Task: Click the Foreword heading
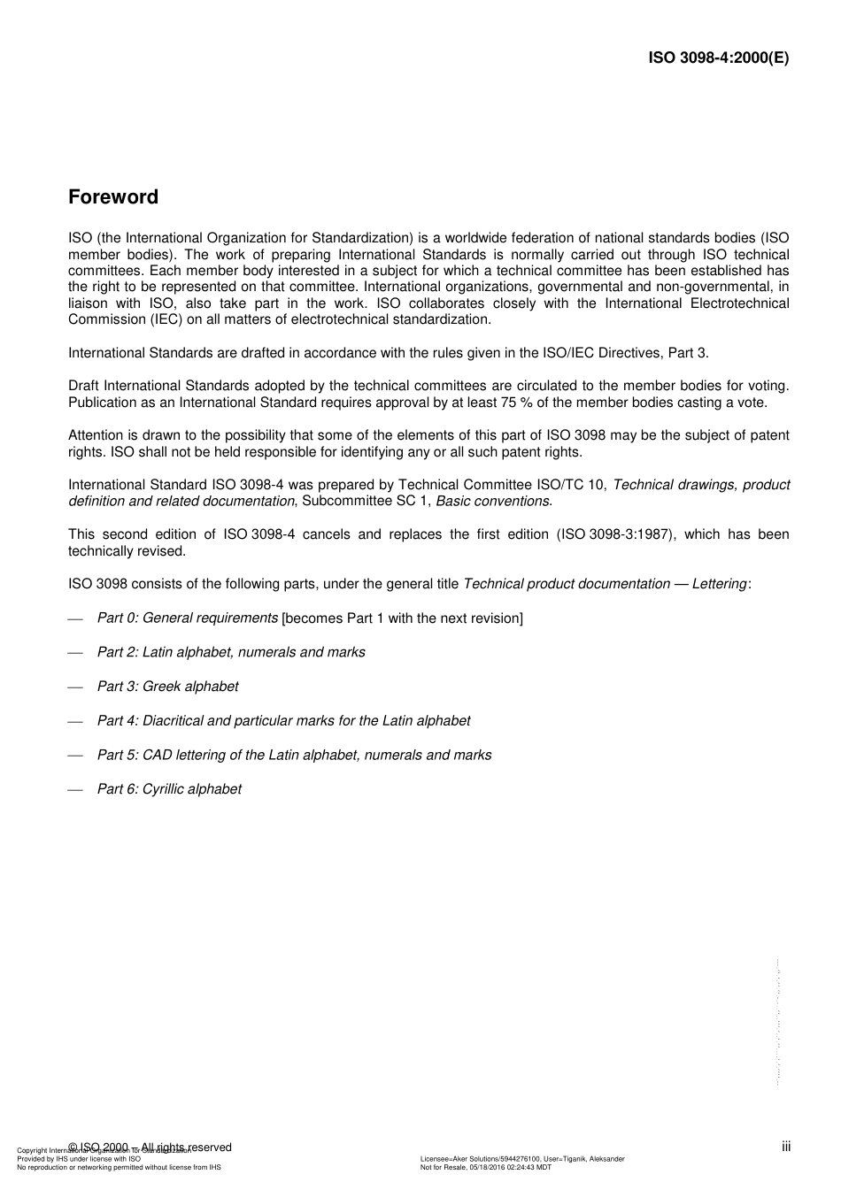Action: point(113,197)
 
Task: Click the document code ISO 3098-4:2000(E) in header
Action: point(718,58)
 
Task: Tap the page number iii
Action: point(786,1147)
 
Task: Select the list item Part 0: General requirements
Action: point(187,618)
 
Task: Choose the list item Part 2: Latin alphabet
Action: point(230,652)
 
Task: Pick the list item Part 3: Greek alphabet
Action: point(167,687)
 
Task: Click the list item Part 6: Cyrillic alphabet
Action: point(169,789)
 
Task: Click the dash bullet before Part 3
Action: point(75,687)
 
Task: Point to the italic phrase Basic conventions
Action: point(492,502)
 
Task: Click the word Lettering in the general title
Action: point(719,584)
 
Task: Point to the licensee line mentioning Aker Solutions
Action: point(521,1159)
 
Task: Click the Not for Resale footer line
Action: point(485,1168)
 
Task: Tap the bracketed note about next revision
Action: point(402,618)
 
